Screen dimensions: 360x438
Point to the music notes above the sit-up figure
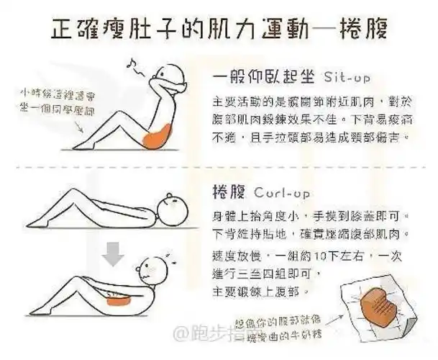click(x=133, y=67)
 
